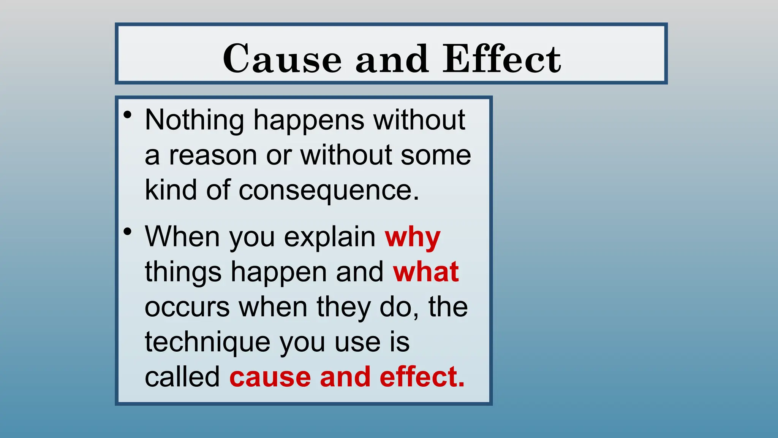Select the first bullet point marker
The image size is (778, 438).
coord(128,115)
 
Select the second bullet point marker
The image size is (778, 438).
coord(128,231)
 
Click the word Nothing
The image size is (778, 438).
coord(194,120)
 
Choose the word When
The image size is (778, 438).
coord(182,236)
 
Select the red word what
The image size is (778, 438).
coord(426,272)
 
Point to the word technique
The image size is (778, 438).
coord(207,342)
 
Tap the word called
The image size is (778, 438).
coord(182,377)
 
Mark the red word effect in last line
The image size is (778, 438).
coord(422,377)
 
